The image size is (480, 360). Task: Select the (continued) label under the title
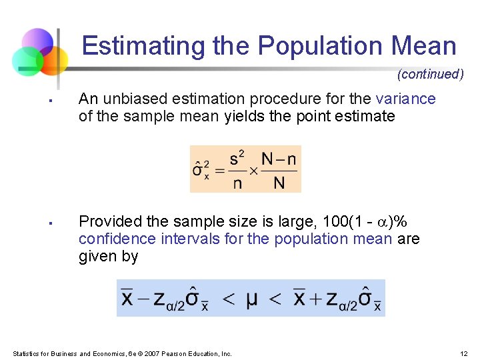click(430, 74)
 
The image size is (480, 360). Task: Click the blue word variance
click(405, 99)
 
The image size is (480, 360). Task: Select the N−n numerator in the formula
click(279, 159)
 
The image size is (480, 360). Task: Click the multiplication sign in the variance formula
click(253, 169)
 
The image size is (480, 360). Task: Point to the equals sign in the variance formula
click(219, 169)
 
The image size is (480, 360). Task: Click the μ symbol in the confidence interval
click(251, 299)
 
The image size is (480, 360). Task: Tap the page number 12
click(464, 353)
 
